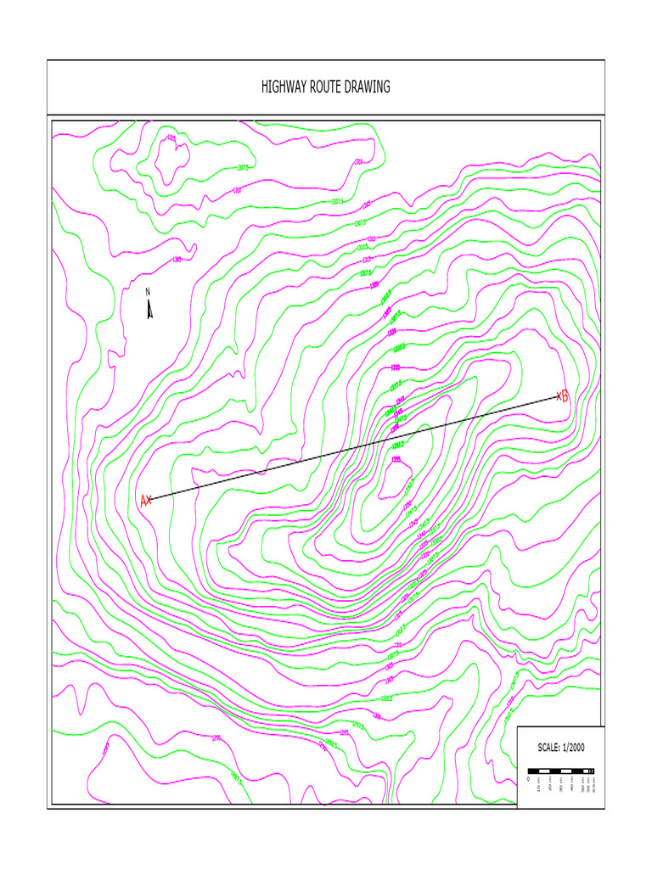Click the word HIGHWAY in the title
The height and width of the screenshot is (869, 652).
284,87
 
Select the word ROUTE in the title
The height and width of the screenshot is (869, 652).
329,87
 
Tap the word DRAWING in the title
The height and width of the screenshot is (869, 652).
370,87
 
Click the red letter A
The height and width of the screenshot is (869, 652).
143,502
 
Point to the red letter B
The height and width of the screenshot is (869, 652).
565,395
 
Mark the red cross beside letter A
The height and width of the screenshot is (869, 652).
150,500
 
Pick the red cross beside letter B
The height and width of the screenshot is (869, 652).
559,395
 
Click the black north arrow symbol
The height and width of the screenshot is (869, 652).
149,309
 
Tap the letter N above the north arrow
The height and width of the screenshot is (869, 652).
148,292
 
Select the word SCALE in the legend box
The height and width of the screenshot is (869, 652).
550,748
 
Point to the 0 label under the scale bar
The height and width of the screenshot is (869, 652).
529,779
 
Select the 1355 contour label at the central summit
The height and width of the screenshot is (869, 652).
396,460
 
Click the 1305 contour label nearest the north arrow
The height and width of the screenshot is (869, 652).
177,260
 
